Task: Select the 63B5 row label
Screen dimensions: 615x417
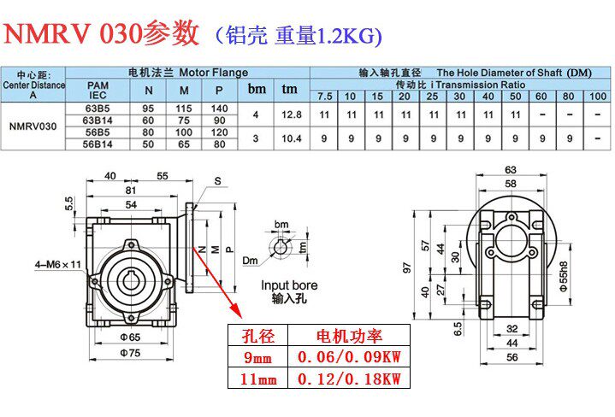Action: pyautogui.click(x=97, y=109)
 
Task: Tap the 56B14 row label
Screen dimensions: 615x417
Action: pyautogui.click(x=97, y=144)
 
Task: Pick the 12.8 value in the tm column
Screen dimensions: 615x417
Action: pyautogui.click(x=290, y=115)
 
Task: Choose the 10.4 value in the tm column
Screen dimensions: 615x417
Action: pyautogui.click(x=290, y=138)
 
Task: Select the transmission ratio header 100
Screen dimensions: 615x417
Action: pyautogui.click(x=597, y=97)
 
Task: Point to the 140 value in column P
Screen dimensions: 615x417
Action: pyautogui.click(x=220, y=109)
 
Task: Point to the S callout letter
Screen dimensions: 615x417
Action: pyautogui.click(x=217, y=181)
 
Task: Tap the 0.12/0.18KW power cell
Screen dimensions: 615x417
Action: pyautogui.click(x=348, y=379)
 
